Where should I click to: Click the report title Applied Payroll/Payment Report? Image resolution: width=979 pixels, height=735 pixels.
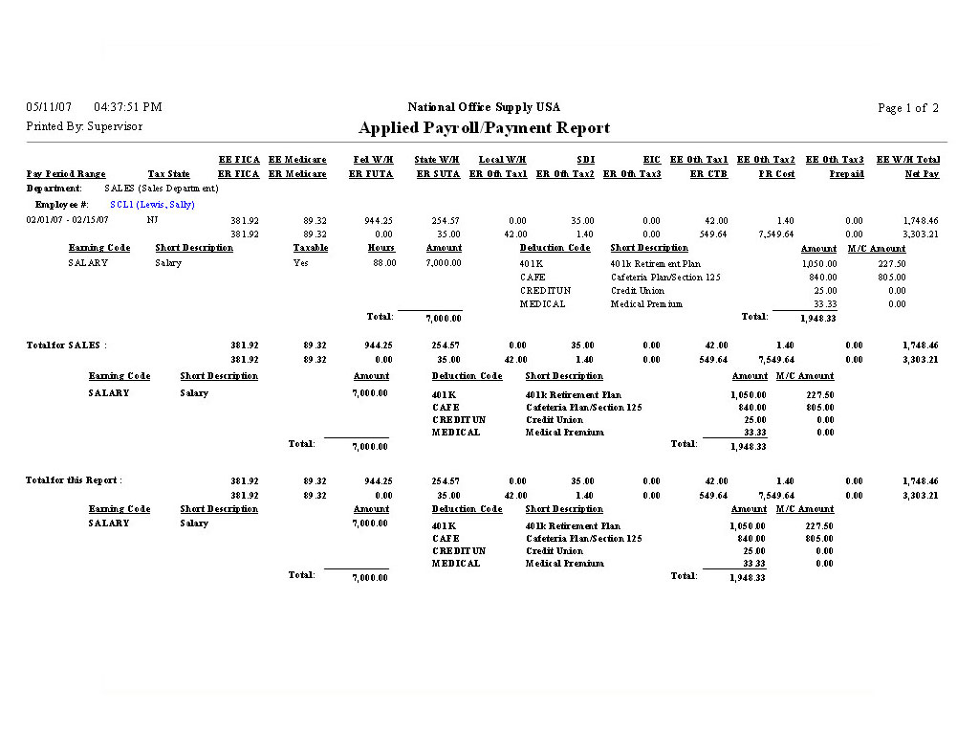484,128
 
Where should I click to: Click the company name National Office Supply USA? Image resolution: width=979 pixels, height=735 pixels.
484,107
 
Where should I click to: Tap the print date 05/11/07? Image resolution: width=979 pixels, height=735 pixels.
49,107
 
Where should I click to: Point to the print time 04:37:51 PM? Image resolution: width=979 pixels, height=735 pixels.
128,107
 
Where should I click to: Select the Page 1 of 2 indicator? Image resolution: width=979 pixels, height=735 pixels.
907,108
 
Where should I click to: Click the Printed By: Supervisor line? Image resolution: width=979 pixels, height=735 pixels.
84,126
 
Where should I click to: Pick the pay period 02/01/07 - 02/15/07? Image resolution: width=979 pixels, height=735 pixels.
68,220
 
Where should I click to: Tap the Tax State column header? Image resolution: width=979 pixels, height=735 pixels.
168,174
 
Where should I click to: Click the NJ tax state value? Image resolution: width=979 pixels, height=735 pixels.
153,220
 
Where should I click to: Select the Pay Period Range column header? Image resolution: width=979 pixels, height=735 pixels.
66,174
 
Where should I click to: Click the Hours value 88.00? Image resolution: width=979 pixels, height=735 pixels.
383,263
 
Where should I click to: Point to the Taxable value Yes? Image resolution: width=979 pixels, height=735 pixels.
300,263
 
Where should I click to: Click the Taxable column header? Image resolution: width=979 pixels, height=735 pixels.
311,248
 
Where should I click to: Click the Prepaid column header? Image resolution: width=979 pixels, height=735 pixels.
846,174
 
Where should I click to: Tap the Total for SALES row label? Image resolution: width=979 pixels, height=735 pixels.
66,345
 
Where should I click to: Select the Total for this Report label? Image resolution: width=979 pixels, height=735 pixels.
74,480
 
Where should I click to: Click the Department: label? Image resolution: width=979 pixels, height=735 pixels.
54,189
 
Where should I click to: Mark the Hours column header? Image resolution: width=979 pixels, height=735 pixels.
381,248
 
